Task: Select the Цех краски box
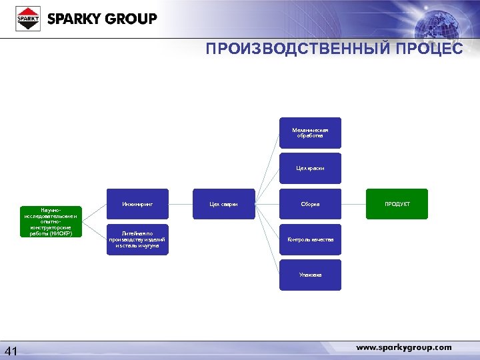point(310,169)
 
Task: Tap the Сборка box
point(310,204)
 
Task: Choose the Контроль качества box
point(310,239)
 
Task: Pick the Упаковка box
point(310,275)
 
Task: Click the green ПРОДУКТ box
point(397,204)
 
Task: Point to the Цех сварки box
point(223,204)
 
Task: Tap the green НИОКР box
point(50,222)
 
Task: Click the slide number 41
point(12,351)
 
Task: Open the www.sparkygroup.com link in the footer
point(403,347)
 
